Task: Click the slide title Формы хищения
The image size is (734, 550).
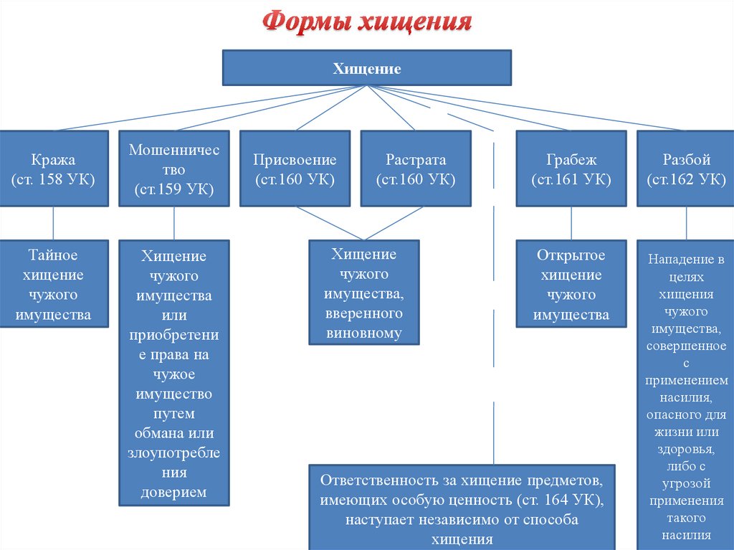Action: (x=366, y=22)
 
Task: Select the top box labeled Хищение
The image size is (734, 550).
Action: (x=367, y=68)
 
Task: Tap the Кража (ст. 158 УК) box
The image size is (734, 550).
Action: (x=54, y=169)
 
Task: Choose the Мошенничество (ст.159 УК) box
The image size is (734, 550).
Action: (x=174, y=170)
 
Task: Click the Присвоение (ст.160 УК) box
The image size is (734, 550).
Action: (x=295, y=169)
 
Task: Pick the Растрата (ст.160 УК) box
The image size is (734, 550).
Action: (x=416, y=169)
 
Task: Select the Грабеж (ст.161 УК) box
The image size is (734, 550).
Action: (x=571, y=169)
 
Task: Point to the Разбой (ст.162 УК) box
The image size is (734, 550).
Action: (x=686, y=169)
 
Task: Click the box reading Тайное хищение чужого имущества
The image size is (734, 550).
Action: (x=54, y=285)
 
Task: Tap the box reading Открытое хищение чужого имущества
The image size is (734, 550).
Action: (x=571, y=285)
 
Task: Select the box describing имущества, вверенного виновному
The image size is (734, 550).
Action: (x=363, y=293)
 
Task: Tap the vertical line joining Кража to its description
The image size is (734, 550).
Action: (x=54, y=224)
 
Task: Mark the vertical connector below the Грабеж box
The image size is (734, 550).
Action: (x=571, y=224)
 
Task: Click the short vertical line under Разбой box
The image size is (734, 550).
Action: (x=686, y=224)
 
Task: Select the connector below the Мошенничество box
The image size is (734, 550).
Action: (x=174, y=224)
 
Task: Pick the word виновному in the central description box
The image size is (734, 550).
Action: (x=363, y=332)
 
